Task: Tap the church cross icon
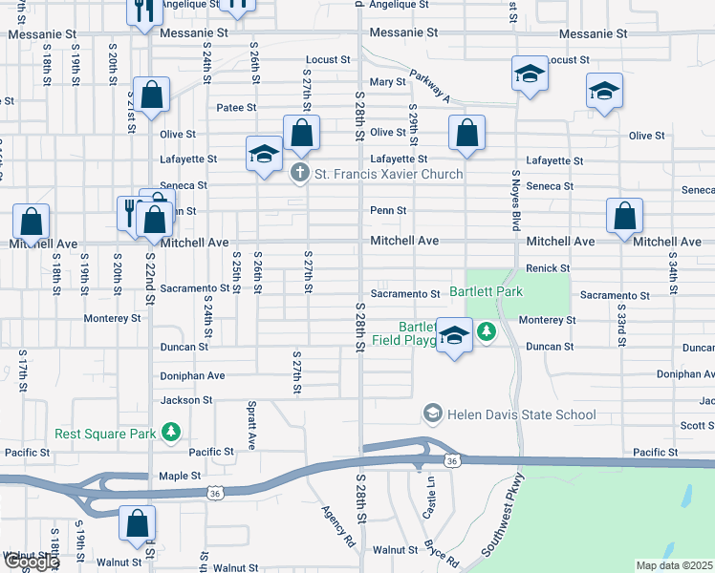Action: tap(299, 174)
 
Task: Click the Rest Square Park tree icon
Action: tap(171, 434)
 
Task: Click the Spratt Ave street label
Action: tap(252, 426)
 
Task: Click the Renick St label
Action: tap(548, 269)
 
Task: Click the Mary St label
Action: tap(388, 82)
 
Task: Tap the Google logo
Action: tap(31, 562)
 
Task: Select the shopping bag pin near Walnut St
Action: tap(138, 522)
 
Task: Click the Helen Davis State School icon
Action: tap(433, 414)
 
